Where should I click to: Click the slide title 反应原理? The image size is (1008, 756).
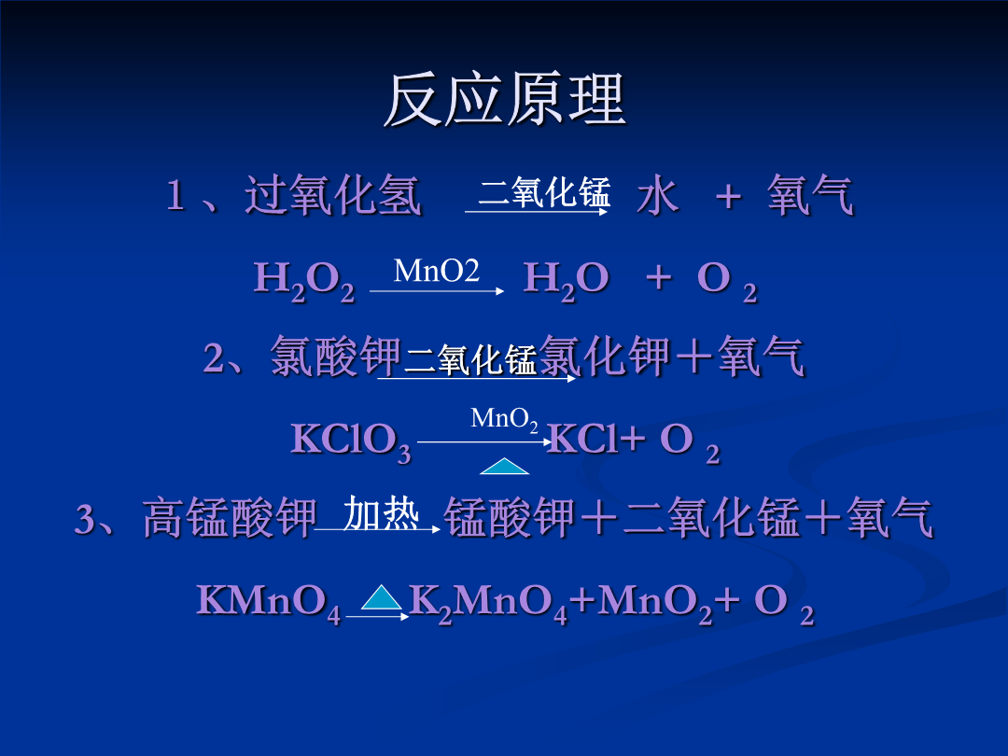click(505, 100)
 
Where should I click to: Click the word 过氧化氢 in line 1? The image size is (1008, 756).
click(333, 195)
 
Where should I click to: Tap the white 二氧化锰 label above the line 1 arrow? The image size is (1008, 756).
click(544, 191)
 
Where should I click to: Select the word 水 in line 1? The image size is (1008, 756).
click(658, 195)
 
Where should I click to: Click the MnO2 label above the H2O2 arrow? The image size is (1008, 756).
click(437, 271)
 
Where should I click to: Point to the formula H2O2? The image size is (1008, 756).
click(304, 281)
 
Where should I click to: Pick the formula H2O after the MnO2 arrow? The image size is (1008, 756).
click(567, 281)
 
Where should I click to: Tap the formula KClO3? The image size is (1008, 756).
click(351, 441)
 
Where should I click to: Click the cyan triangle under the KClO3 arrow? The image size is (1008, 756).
click(505, 466)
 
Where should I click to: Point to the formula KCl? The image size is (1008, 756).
click(581, 439)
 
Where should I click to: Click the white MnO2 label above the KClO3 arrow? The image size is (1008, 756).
click(505, 419)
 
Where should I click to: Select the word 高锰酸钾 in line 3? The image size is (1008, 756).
click(231, 517)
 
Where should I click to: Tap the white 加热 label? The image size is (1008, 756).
click(381, 513)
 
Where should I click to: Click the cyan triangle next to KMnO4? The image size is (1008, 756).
click(382, 597)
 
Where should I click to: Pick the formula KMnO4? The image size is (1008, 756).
click(269, 603)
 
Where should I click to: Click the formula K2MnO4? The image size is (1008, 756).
click(488, 603)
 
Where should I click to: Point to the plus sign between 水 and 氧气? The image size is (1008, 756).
click(728, 195)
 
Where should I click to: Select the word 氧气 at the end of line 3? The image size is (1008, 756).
click(889, 517)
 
